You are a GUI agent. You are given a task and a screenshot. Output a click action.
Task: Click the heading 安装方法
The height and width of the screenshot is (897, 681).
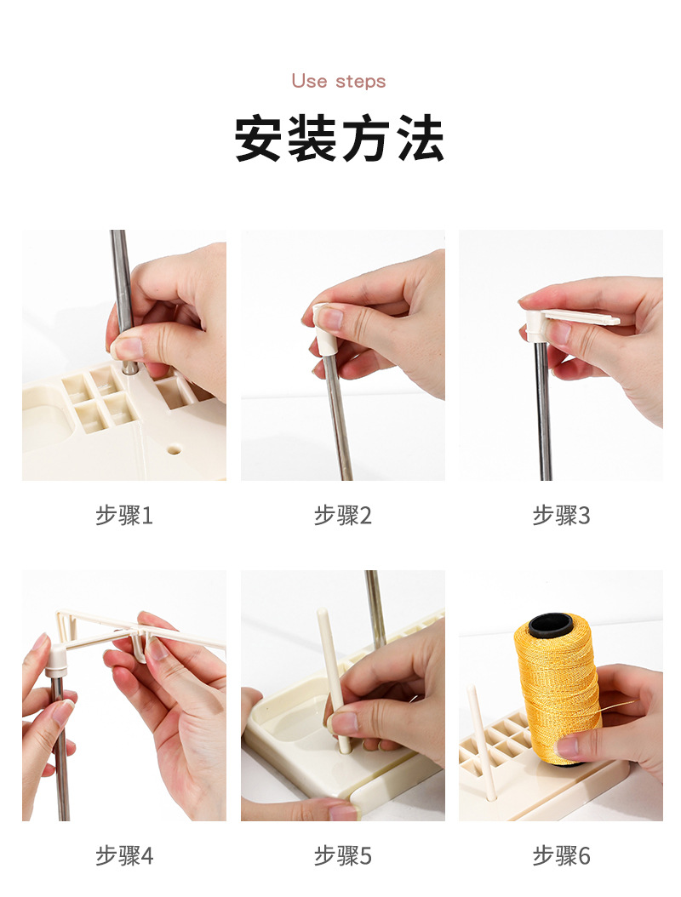click(340, 138)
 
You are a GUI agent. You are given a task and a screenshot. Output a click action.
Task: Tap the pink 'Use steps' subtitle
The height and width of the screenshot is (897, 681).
click(339, 81)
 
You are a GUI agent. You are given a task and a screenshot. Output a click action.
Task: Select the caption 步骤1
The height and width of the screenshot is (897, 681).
click(124, 515)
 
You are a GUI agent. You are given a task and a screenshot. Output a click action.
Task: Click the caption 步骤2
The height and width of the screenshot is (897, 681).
click(343, 515)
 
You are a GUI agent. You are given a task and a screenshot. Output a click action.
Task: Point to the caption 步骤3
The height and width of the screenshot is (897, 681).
click(561, 515)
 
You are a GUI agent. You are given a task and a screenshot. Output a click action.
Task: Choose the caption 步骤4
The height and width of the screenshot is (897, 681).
click(124, 856)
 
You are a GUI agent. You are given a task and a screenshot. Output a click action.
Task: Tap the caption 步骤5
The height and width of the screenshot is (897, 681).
click(343, 856)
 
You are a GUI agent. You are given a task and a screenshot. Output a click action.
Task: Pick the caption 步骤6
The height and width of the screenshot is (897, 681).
click(561, 856)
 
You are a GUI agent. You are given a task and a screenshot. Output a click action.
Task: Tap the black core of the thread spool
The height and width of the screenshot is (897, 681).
click(551, 625)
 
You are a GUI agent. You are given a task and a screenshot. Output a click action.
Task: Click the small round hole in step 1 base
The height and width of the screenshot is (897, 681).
click(175, 449)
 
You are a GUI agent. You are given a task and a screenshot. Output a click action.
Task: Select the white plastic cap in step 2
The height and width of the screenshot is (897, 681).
click(325, 329)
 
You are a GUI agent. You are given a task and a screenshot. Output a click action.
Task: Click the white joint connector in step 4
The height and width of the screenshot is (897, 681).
click(56, 659)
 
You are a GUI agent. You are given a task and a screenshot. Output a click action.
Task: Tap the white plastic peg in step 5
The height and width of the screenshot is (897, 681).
click(334, 680)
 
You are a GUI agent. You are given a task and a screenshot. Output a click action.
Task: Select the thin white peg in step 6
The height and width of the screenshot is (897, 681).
click(482, 743)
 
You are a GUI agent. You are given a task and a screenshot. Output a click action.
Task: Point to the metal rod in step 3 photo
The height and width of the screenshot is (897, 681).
click(543, 411)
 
